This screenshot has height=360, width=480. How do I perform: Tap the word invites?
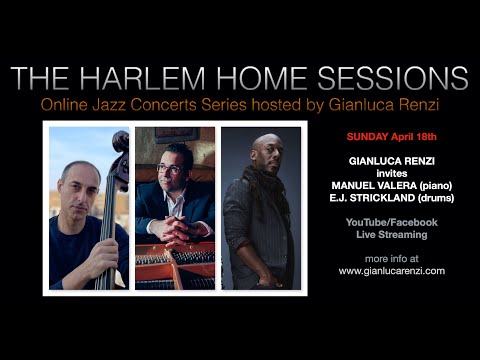[393, 171]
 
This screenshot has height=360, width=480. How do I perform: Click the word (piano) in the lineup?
[433, 184]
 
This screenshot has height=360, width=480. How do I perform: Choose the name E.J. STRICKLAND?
[371, 197]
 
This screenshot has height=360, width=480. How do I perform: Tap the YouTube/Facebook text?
[393, 221]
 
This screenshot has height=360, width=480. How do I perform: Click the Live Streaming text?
[393, 234]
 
